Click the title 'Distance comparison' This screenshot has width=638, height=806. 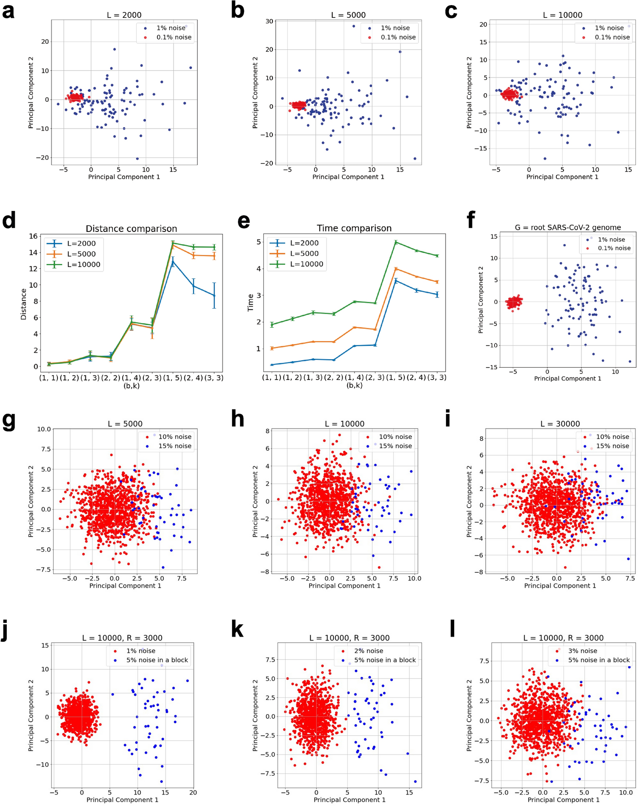click(131, 229)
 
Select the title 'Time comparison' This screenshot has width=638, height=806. click(354, 228)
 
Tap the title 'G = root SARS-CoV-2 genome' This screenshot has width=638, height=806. click(567, 227)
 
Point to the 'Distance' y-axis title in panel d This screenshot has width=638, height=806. click(23, 304)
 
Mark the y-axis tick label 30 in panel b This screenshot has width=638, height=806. click(269, 21)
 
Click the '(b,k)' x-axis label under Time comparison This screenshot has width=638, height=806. click(354, 385)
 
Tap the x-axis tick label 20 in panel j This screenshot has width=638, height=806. click(193, 792)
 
